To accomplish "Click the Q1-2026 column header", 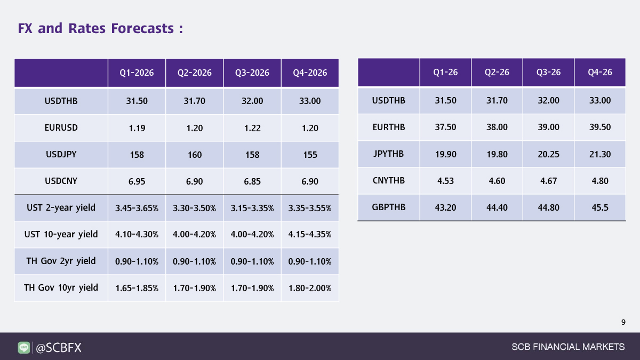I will point(137,73).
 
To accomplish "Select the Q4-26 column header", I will point(599,73).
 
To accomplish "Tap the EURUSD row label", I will point(61,128).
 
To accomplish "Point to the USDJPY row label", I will point(61,155).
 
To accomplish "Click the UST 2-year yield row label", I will point(61,207).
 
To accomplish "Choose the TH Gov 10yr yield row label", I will point(61,287).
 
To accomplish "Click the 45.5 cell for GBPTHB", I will point(599,207).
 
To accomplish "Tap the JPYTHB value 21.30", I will point(599,154).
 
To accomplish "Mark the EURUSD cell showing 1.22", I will point(252,128).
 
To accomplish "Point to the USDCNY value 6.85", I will point(252,181).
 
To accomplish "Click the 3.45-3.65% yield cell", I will point(137,208).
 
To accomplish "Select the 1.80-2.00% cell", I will point(310,288).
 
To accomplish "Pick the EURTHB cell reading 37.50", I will point(445,127).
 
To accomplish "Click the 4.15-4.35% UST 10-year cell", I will point(310,235).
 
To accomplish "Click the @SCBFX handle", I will point(58,348).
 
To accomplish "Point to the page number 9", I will point(623,322).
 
